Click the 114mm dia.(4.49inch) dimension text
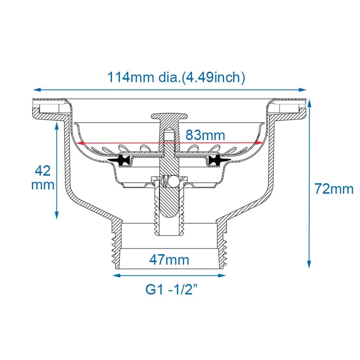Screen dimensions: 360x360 [176, 78]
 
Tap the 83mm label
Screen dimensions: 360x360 [205, 135]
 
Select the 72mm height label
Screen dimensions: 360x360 [334, 189]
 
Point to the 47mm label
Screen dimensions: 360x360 [169, 260]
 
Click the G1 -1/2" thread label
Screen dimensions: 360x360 [171, 289]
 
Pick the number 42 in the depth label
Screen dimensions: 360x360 [43, 171]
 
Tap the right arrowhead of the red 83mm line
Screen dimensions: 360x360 [259, 143]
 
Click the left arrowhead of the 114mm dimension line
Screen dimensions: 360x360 [37, 90]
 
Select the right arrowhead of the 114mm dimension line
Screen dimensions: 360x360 [303, 90]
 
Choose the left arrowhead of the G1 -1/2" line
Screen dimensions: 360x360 [116, 275]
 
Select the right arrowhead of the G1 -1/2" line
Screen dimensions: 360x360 [222, 275]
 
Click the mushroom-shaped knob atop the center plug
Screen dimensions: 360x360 [169, 116]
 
